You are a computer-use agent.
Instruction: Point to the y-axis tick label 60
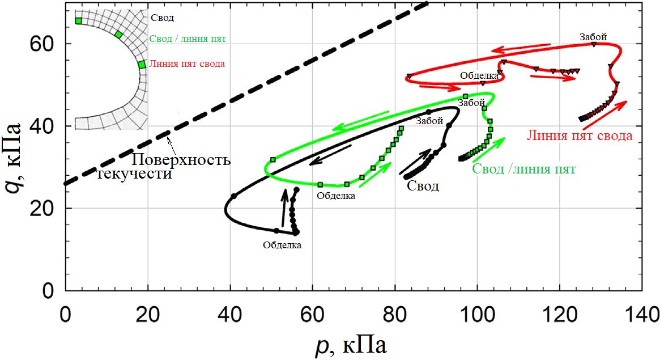(45, 44)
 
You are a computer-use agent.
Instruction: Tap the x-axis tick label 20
(148, 314)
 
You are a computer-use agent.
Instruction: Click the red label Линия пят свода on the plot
(579, 136)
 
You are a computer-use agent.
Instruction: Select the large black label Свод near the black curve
(423, 186)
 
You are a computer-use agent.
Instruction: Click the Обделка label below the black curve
(282, 245)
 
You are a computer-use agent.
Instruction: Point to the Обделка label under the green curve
(336, 196)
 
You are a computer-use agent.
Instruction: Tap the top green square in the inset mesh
(78, 21)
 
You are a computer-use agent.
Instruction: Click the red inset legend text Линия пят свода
(188, 64)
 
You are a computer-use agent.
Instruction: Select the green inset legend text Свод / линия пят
(188, 39)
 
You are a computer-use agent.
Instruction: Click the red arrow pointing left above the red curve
(520, 48)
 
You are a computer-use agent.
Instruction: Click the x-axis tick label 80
(395, 314)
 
